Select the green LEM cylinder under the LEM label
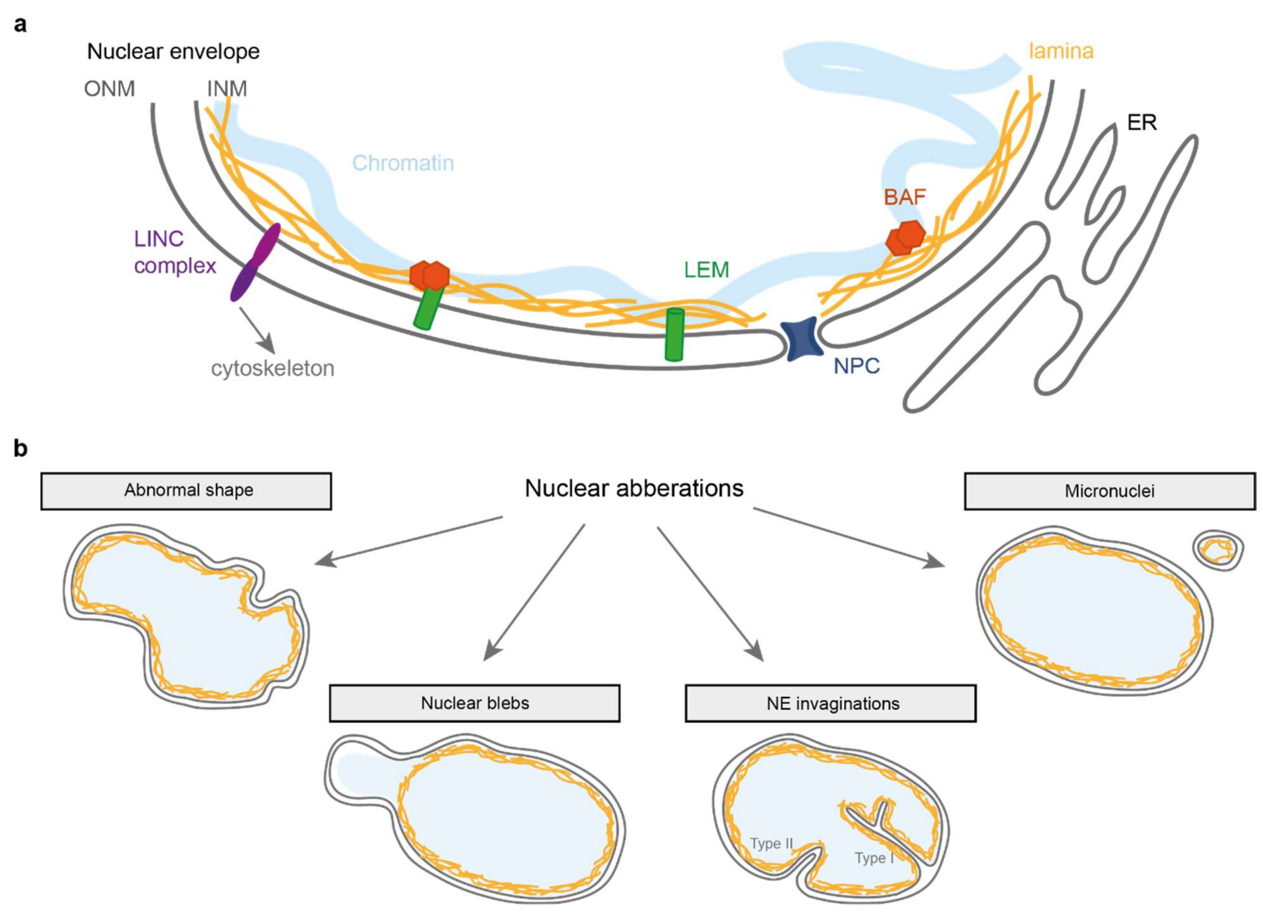674,335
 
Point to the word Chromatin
403,163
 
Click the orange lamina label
1061,51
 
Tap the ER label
1142,123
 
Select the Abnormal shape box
186,491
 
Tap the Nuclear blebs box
475,703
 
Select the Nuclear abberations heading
634,489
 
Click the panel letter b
21,448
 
